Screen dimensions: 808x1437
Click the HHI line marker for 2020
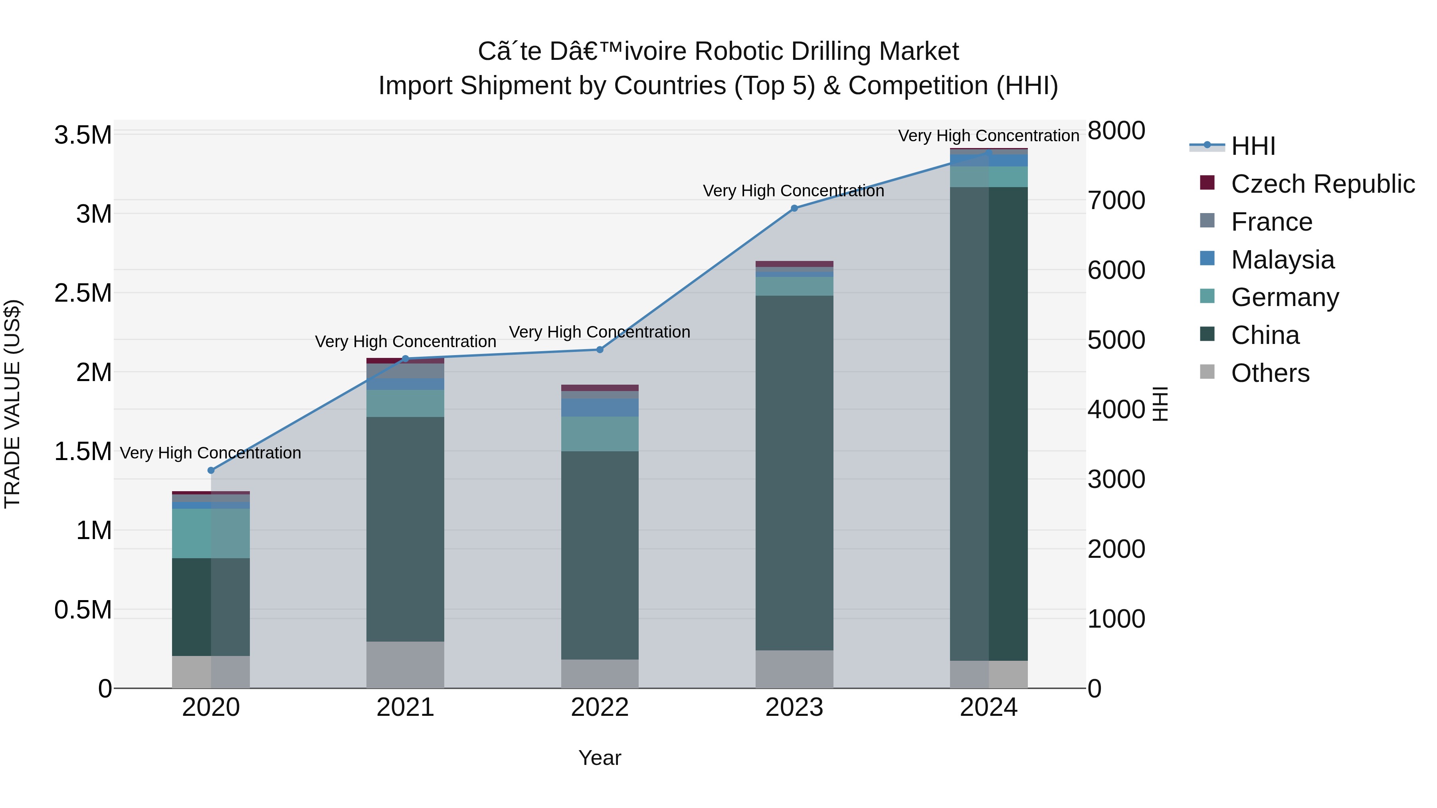pos(211,470)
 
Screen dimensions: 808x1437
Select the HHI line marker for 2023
pos(794,208)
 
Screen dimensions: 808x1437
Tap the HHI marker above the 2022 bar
pos(600,350)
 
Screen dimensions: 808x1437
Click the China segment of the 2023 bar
pos(794,473)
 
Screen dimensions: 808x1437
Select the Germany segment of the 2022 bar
pos(600,434)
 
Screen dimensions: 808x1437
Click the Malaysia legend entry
pos(1283,260)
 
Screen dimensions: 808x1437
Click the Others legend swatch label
pos(1270,373)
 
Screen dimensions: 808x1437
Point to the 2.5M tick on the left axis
pos(83,293)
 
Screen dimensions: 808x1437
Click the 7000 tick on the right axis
pos(1116,200)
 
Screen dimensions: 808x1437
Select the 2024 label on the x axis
pos(988,707)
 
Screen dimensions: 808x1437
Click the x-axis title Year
pos(600,758)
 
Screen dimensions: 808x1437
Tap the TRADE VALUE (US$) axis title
pos(12,404)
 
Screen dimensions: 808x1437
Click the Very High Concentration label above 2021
pos(405,341)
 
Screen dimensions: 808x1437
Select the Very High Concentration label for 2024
pos(988,136)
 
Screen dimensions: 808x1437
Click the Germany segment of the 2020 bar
pos(211,533)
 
